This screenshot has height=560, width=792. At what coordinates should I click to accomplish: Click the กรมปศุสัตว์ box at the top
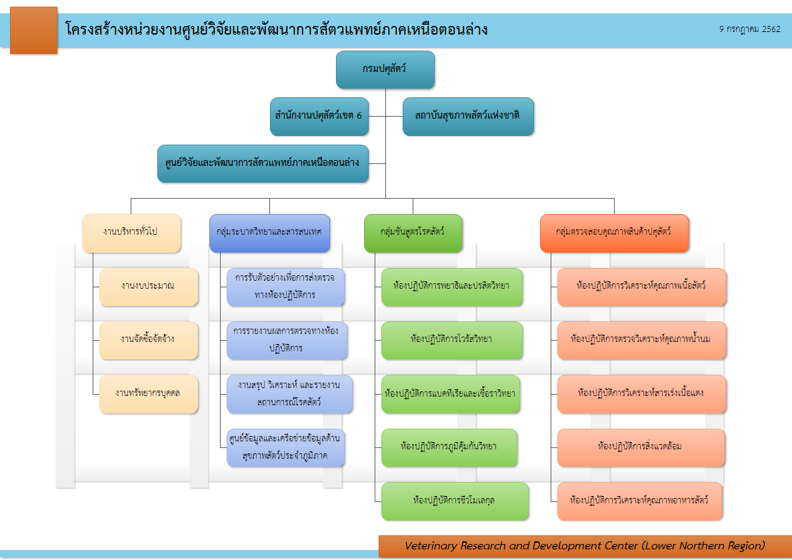point(385,69)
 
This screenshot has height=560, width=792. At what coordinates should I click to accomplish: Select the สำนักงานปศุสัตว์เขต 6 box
point(318,116)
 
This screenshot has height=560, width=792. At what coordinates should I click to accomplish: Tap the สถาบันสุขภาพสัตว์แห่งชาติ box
point(467,116)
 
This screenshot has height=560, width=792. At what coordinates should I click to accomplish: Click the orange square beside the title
point(33,30)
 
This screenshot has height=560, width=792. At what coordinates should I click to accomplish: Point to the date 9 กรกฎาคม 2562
point(749,29)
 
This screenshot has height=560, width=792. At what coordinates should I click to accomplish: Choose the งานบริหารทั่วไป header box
point(131,233)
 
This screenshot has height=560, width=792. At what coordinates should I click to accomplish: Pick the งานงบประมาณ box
point(148,286)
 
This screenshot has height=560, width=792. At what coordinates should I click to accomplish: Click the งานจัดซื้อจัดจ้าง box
point(148,339)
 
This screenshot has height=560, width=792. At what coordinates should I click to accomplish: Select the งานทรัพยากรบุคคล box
point(148,393)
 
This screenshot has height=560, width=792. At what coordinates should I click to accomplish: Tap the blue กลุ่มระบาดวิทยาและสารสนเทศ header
point(269,233)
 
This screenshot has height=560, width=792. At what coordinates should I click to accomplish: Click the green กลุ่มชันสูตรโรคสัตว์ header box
point(413,233)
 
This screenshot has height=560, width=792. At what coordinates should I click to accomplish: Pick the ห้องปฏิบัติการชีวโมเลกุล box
point(454,501)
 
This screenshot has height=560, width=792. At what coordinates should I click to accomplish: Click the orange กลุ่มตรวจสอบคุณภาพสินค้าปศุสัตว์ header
point(613,233)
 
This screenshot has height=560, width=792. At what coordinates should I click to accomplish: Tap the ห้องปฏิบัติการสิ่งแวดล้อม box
point(640,447)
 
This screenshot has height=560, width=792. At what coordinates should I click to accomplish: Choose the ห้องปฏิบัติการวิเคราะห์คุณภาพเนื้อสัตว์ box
point(641,287)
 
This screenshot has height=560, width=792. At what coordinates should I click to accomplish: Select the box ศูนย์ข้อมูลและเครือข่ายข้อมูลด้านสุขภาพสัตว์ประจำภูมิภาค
point(285,447)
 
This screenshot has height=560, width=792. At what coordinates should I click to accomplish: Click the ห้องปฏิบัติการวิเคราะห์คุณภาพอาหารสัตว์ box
point(639,501)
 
